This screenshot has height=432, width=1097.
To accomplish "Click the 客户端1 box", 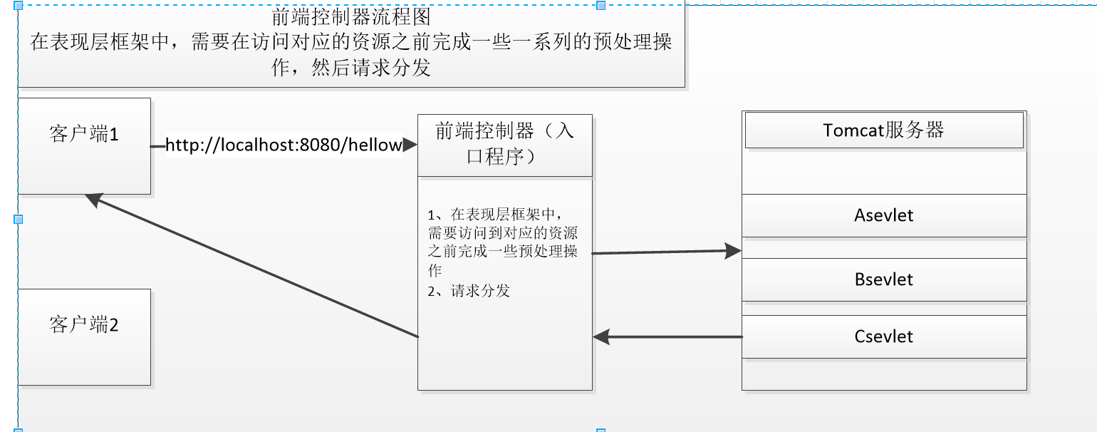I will pos(84,145).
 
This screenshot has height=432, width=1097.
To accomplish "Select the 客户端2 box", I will pos(84,336).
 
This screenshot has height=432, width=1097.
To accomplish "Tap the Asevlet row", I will pos(883,215).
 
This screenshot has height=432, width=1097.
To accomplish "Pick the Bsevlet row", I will pos(883,279).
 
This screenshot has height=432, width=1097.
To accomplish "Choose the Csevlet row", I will pos(883,336).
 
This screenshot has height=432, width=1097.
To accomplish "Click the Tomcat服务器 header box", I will pos(883,130).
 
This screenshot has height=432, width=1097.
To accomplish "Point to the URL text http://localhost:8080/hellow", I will pos(284,145).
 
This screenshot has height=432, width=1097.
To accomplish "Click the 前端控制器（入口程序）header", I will pos(504,145).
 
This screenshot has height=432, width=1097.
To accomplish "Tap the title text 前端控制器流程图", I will pos(351,16).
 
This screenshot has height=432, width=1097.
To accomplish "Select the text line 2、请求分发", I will pos(469,291).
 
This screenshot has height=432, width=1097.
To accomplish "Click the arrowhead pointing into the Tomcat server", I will pos(734,250).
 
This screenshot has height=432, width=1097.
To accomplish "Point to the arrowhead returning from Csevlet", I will pos(601,336).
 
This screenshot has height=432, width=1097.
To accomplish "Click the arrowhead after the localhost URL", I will pos(410,145).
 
